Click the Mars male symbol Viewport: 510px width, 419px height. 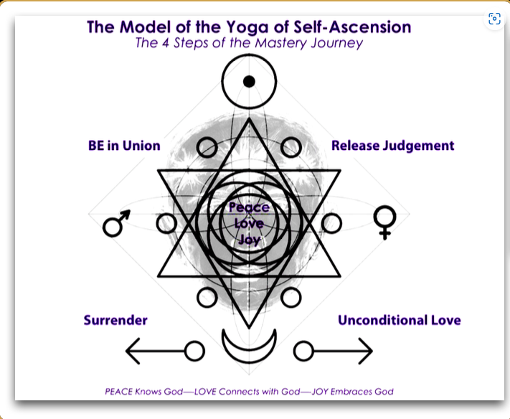(x=115, y=223)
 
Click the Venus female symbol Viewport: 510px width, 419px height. (x=384, y=222)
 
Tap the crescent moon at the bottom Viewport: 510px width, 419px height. (x=249, y=346)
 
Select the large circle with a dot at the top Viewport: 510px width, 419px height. (x=249, y=81)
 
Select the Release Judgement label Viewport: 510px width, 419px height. (x=392, y=146)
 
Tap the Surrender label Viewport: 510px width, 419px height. (x=115, y=320)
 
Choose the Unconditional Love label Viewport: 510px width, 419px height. (x=399, y=320)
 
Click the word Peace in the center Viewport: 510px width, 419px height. (x=249, y=208)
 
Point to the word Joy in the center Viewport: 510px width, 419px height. (x=249, y=240)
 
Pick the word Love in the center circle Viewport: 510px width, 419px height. (x=249, y=224)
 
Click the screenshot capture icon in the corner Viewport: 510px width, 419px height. (x=494, y=19)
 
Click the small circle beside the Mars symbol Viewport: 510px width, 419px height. (x=166, y=223)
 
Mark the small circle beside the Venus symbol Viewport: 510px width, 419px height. (x=331, y=223)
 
